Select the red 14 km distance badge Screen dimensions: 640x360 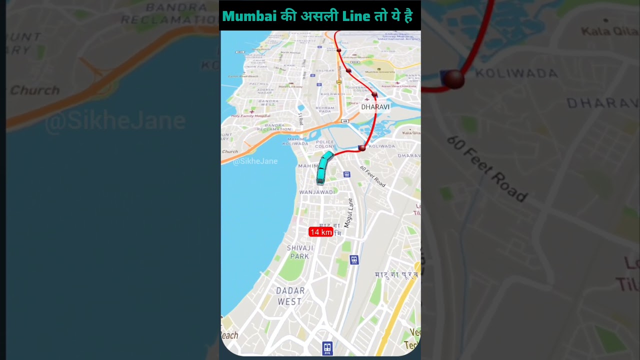click(x=320, y=232)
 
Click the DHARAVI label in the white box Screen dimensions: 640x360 click(x=375, y=107)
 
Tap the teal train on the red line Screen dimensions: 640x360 click(x=323, y=167)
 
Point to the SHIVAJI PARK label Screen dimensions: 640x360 click(x=300, y=252)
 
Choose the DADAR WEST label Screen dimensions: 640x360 click(x=290, y=296)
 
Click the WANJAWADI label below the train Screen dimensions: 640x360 click(x=317, y=192)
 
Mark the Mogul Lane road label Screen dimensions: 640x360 click(x=349, y=213)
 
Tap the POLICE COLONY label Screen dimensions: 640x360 click(x=325, y=144)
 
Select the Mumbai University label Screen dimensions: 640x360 click(x=379, y=72)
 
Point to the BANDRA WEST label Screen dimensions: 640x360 click(x=269, y=102)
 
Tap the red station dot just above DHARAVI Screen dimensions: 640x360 click(x=374, y=94)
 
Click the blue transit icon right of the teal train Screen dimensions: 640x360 click(x=346, y=174)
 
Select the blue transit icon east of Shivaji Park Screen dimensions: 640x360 click(x=354, y=259)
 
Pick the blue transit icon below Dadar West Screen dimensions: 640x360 click(x=327, y=347)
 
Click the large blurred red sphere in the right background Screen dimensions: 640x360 click(x=454, y=79)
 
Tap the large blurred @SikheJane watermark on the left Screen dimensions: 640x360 click(x=115, y=121)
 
